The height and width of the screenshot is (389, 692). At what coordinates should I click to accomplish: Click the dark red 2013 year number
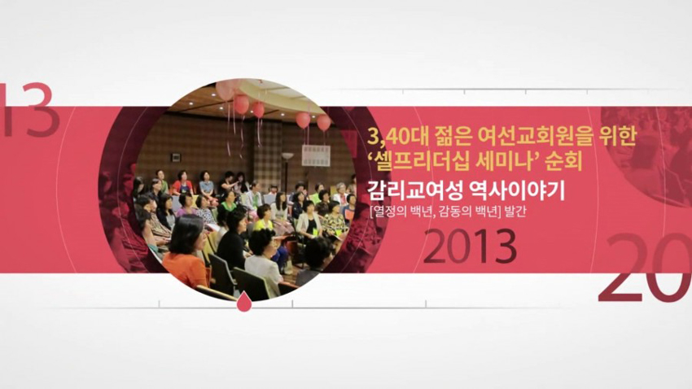click(x=470, y=247)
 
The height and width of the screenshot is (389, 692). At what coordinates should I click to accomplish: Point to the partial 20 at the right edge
click(x=646, y=269)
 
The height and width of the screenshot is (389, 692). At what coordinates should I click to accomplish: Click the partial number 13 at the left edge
click(x=30, y=108)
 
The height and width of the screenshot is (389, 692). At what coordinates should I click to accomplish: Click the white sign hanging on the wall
click(x=315, y=155)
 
